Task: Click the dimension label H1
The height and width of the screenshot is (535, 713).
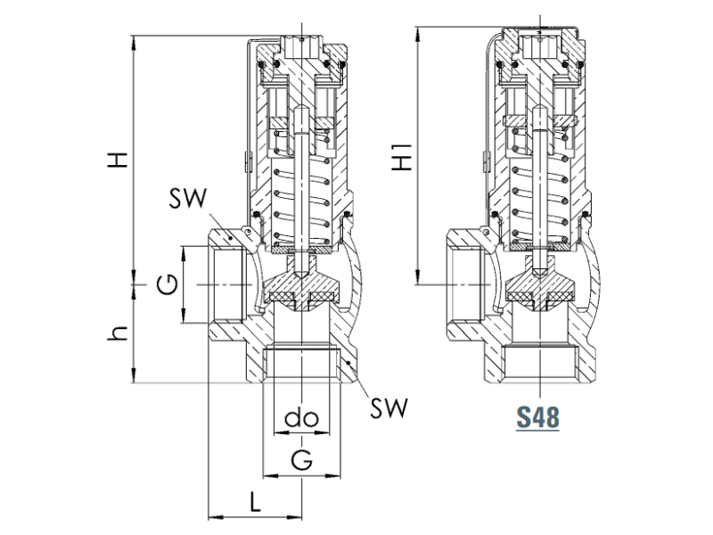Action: [404, 159]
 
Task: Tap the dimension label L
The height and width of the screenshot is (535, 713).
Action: [254, 501]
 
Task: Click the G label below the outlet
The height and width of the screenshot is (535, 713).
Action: [303, 460]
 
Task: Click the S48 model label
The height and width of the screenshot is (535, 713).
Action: [537, 416]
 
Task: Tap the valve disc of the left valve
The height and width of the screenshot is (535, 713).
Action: [301, 292]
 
